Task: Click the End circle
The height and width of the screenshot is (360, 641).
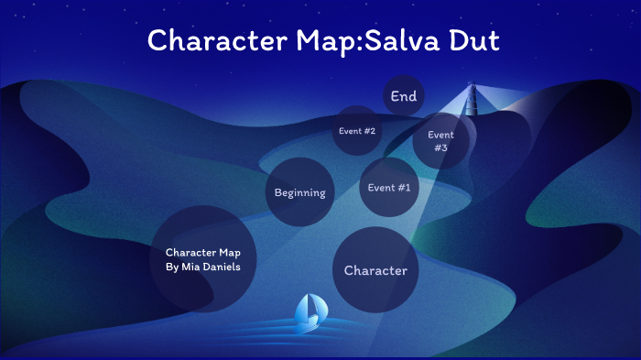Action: click(403, 95)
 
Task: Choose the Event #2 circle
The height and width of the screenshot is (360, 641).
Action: click(356, 130)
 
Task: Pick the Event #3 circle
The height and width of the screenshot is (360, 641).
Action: click(440, 141)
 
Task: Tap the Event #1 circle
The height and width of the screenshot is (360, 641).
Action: click(389, 186)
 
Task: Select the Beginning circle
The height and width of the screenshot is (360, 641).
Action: click(300, 191)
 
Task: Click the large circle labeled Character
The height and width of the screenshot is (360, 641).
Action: click(375, 270)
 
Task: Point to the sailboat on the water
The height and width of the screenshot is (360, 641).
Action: click(309, 314)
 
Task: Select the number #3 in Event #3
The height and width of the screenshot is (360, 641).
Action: click(440, 148)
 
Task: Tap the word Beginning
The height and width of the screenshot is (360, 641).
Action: click(300, 192)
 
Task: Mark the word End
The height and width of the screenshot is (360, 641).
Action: click(403, 95)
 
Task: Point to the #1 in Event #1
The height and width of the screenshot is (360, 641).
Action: click(403, 187)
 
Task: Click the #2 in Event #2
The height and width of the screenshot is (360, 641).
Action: click(369, 130)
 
